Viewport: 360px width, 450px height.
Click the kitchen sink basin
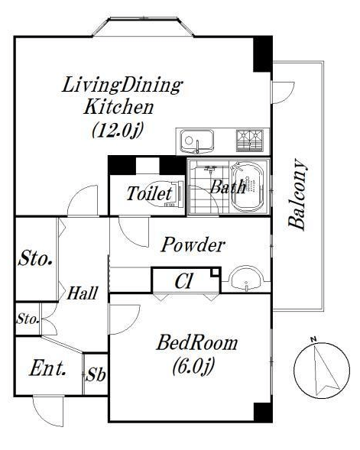(x=196, y=141)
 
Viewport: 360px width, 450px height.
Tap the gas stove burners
(x=249, y=141)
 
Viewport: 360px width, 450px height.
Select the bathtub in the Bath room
(x=248, y=187)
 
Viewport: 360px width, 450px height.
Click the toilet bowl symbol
(x=164, y=193)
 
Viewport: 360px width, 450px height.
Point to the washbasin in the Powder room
(x=246, y=278)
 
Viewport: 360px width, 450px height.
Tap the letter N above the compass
(x=313, y=340)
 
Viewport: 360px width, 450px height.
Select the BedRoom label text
(x=197, y=343)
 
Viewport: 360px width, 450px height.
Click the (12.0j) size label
(x=118, y=130)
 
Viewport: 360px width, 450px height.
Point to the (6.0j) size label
(x=193, y=367)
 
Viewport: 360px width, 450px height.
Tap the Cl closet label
(x=183, y=281)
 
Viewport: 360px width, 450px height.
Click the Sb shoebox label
(x=96, y=374)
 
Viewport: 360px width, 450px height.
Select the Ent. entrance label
(x=47, y=368)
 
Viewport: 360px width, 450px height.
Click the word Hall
(x=82, y=293)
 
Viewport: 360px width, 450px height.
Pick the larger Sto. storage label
(x=36, y=258)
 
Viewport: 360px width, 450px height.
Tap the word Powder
(x=193, y=244)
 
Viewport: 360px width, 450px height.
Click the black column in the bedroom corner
(x=263, y=413)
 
